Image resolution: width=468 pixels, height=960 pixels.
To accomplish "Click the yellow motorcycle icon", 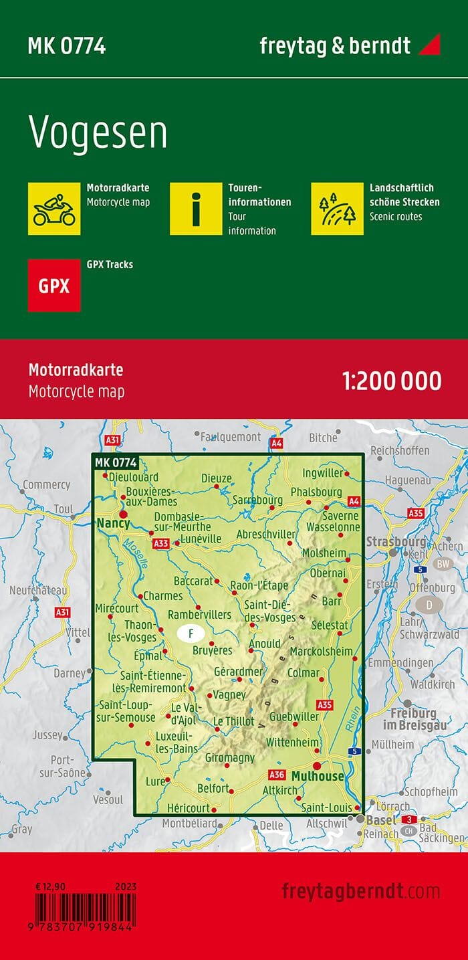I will click(x=54, y=208).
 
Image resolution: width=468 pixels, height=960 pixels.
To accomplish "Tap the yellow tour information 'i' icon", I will click(x=195, y=208).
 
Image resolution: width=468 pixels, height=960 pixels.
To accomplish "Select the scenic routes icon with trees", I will click(x=337, y=208).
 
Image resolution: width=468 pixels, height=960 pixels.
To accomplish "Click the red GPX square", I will click(x=54, y=286).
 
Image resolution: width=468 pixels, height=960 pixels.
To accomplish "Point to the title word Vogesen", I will click(x=98, y=133).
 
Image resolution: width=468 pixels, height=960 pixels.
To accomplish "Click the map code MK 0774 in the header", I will click(x=66, y=46).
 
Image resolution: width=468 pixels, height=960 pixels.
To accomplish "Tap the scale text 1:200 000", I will click(x=391, y=381).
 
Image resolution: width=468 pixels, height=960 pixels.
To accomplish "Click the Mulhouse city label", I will click(x=318, y=777).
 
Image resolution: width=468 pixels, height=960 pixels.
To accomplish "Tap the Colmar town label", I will click(x=303, y=673).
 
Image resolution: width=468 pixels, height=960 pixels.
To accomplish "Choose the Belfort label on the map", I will click(x=213, y=789).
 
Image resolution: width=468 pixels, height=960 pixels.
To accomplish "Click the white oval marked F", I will click(x=191, y=632).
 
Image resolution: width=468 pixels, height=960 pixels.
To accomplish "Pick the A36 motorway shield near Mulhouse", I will click(x=276, y=775).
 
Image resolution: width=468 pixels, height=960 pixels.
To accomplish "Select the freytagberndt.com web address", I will click(x=361, y=891).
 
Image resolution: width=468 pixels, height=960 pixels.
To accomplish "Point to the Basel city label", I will click(x=382, y=820).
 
